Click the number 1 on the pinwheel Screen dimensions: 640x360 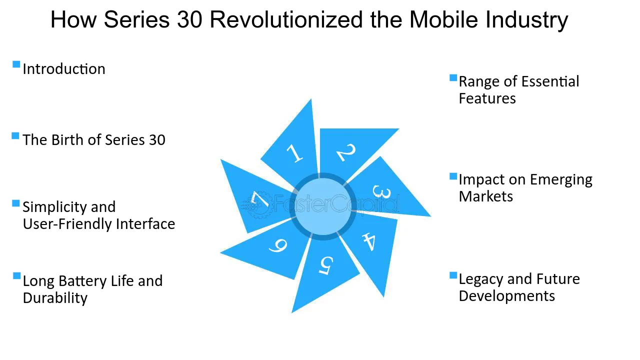click(x=294, y=153)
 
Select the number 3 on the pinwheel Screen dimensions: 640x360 click(x=381, y=191)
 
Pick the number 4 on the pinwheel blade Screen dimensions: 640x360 click(x=369, y=242)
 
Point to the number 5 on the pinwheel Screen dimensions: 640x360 click(x=326, y=265)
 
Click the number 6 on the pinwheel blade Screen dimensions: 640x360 click(x=277, y=245)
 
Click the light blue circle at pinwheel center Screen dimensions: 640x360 click(x=323, y=206)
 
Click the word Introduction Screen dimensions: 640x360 click(x=64, y=69)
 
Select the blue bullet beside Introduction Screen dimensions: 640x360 click(x=16, y=64)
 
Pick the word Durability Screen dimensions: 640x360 click(x=55, y=298)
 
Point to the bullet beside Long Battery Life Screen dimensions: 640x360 click(x=17, y=275)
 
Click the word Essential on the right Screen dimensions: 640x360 click(x=550, y=81)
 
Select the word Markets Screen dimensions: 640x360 click(x=485, y=196)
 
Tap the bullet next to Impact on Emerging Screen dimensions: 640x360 click(x=453, y=176)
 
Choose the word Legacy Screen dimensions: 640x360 click(x=481, y=279)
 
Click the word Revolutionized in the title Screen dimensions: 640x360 click(x=286, y=19)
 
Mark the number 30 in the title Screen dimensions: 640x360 click(x=189, y=19)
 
